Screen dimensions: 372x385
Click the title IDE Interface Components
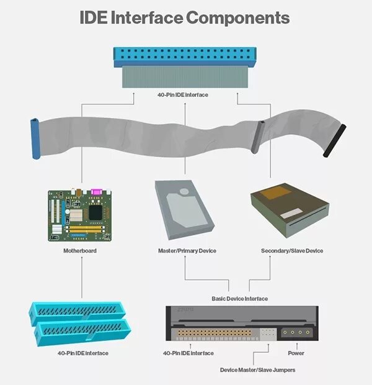pos(185,17)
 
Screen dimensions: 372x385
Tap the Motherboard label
pos(81,251)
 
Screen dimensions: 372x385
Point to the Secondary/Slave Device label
pos(292,251)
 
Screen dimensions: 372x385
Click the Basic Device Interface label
pos(239,299)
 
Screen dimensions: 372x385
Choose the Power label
pos(296,353)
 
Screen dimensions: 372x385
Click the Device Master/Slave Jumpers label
pos(257,370)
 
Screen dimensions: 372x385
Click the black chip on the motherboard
pos(95,212)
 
